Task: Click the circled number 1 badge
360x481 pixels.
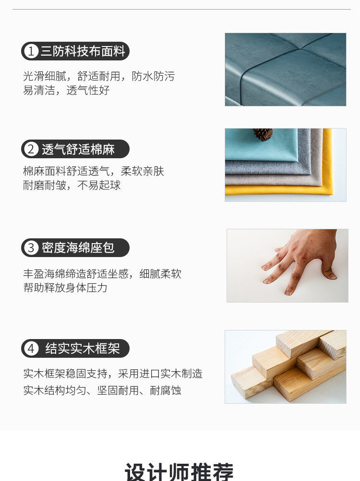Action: click(31, 51)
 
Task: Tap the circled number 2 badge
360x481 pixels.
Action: click(31, 149)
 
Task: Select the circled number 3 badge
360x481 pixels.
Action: click(31, 248)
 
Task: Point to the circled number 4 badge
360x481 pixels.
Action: click(31, 349)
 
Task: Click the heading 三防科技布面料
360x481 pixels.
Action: click(83, 51)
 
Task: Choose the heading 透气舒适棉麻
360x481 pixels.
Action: click(78, 149)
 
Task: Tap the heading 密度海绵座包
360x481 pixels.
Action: click(78, 248)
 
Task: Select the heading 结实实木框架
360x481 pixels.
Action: click(83, 349)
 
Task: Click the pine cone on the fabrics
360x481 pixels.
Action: click(263, 134)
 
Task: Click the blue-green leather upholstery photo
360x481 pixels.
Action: click(286, 70)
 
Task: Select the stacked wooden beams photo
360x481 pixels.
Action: click(286, 367)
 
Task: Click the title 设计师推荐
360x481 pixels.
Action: click(180, 471)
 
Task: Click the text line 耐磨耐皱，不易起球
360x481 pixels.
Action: click(72, 186)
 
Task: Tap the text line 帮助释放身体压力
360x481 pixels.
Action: click(65, 288)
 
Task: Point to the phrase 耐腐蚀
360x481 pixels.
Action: click(166, 390)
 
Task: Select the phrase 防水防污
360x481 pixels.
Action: click(154, 76)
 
